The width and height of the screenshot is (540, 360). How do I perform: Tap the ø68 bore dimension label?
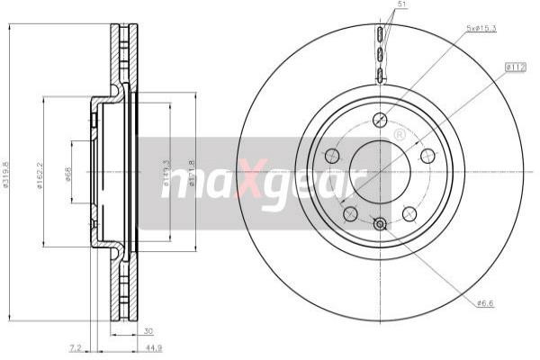coord(69,174)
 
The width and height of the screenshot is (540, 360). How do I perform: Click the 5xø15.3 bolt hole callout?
coord(482,30)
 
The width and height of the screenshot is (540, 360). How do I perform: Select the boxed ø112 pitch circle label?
coord(515,66)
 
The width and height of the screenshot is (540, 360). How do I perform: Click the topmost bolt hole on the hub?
coord(380,119)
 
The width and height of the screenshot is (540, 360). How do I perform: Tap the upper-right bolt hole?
coord(427,155)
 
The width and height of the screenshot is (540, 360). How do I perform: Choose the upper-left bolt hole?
coord(332,155)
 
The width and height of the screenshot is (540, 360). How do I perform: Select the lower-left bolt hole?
coord(350,212)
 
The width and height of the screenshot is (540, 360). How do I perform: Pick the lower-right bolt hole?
coord(409,212)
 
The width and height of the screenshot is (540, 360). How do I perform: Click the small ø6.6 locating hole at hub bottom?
coord(380,223)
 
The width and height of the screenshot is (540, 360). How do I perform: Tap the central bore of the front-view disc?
coord(380,171)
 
